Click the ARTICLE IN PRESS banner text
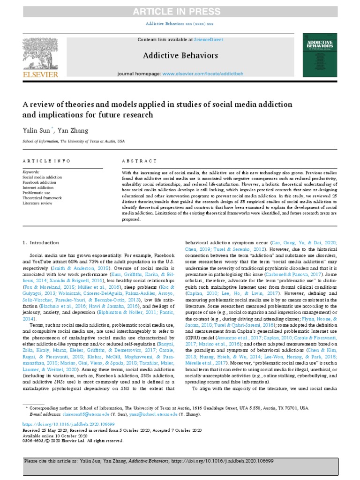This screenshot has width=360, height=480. coord(180,12)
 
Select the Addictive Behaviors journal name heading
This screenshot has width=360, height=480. coord(180,56)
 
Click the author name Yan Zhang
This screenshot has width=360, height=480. coord(72,130)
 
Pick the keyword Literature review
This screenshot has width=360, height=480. coord(37,202)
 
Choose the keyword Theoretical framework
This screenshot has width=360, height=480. coord(43,198)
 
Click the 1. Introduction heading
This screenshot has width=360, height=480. coord(41,242)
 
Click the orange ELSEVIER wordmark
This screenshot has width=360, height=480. coord(41,74)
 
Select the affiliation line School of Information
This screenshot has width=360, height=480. coord(74,141)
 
